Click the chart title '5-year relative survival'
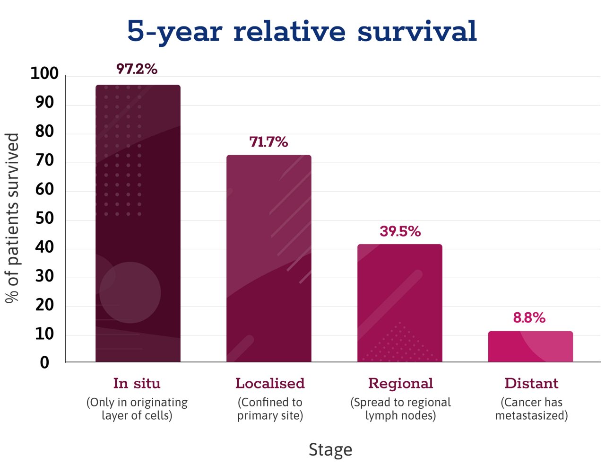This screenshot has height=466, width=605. click(x=302, y=32)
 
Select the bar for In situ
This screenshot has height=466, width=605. click(x=138, y=223)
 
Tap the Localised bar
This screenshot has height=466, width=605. click(x=268, y=258)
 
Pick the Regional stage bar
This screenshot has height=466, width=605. click(x=399, y=303)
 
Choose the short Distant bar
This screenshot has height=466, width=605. click(x=530, y=346)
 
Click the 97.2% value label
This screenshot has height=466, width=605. click(x=137, y=69)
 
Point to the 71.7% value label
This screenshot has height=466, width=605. click(x=268, y=142)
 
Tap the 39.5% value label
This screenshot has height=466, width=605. click(x=400, y=231)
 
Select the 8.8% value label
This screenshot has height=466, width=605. click(x=529, y=317)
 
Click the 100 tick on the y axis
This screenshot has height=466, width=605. click(x=44, y=73)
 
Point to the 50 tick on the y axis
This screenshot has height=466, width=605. click(x=44, y=218)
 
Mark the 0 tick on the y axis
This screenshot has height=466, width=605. click(x=44, y=363)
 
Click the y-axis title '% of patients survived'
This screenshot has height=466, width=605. click(x=12, y=218)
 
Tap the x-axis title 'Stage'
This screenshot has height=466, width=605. click(x=330, y=449)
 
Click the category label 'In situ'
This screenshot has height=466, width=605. click(x=137, y=383)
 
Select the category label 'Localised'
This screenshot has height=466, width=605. click(x=270, y=383)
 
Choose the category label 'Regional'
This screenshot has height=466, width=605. click(x=400, y=384)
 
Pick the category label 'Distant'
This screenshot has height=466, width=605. click(x=531, y=383)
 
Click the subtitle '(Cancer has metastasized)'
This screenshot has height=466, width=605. click(x=531, y=409)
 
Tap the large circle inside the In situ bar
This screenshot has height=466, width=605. click(x=130, y=292)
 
